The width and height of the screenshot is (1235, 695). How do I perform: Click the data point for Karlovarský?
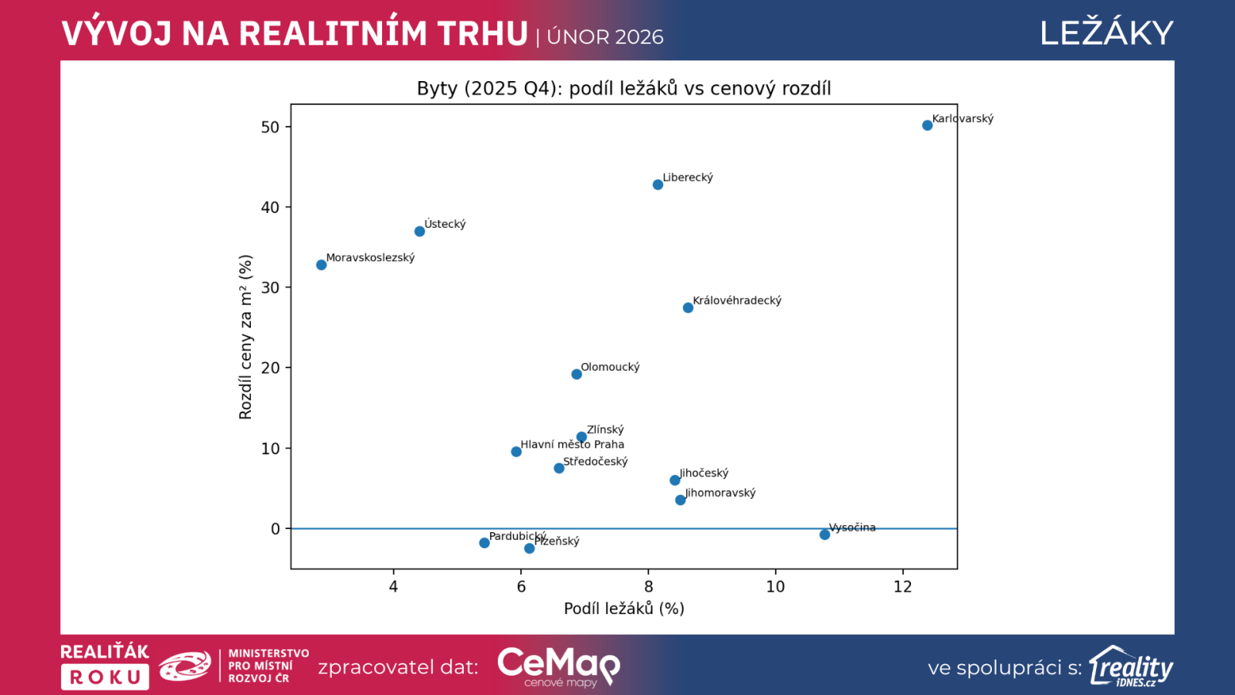pyautogui.click(x=927, y=125)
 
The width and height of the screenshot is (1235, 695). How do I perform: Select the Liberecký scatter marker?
pyautogui.click(x=658, y=185)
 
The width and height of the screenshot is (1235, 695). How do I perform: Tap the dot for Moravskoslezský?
pyautogui.click(x=321, y=265)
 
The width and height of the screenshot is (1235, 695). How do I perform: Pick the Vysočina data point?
pyautogui.click(x=824, y=534)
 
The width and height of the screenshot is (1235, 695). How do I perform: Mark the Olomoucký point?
pyautogui.click(x=577, y=375)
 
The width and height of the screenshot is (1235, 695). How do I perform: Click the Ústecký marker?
pyautogui.click(x=419, y=232)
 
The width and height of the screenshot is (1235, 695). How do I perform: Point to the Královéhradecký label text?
pyautogui.click(x=736, y=300)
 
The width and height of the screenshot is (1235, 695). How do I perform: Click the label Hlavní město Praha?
pyautogui.click(x=572, y=444)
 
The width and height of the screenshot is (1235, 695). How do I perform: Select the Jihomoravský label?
pyautogui.click(x=720, y=493)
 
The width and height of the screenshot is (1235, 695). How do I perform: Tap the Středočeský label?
pyautogui.click(x=595, y=462)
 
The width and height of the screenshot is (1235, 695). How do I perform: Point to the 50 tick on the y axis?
pyautogui.click(x=270, y=127)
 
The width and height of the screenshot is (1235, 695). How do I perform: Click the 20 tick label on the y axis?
pyautogui.click(x=270, y=368)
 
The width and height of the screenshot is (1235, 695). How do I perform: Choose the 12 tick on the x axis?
pyautogui.click(x=902, y=587)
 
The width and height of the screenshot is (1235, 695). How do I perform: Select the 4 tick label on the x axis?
pyautogui.click(x=394, y=587)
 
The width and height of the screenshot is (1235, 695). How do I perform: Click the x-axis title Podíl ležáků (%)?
pyautogui.click(x=624, y=609)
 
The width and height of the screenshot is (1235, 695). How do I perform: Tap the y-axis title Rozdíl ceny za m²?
pyautogui.click(x=245, y=337)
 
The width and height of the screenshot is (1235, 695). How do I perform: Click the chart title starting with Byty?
pyautogui.click(x=624, y=88)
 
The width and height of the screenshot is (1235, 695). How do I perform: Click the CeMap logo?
pyautogui.click(x=558, y=665)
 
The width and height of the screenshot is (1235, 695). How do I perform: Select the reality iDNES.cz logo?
pyautogui.click(x=1131, y=666)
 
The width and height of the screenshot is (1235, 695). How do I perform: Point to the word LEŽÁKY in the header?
pyautogui.click(x=1106, y=33)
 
